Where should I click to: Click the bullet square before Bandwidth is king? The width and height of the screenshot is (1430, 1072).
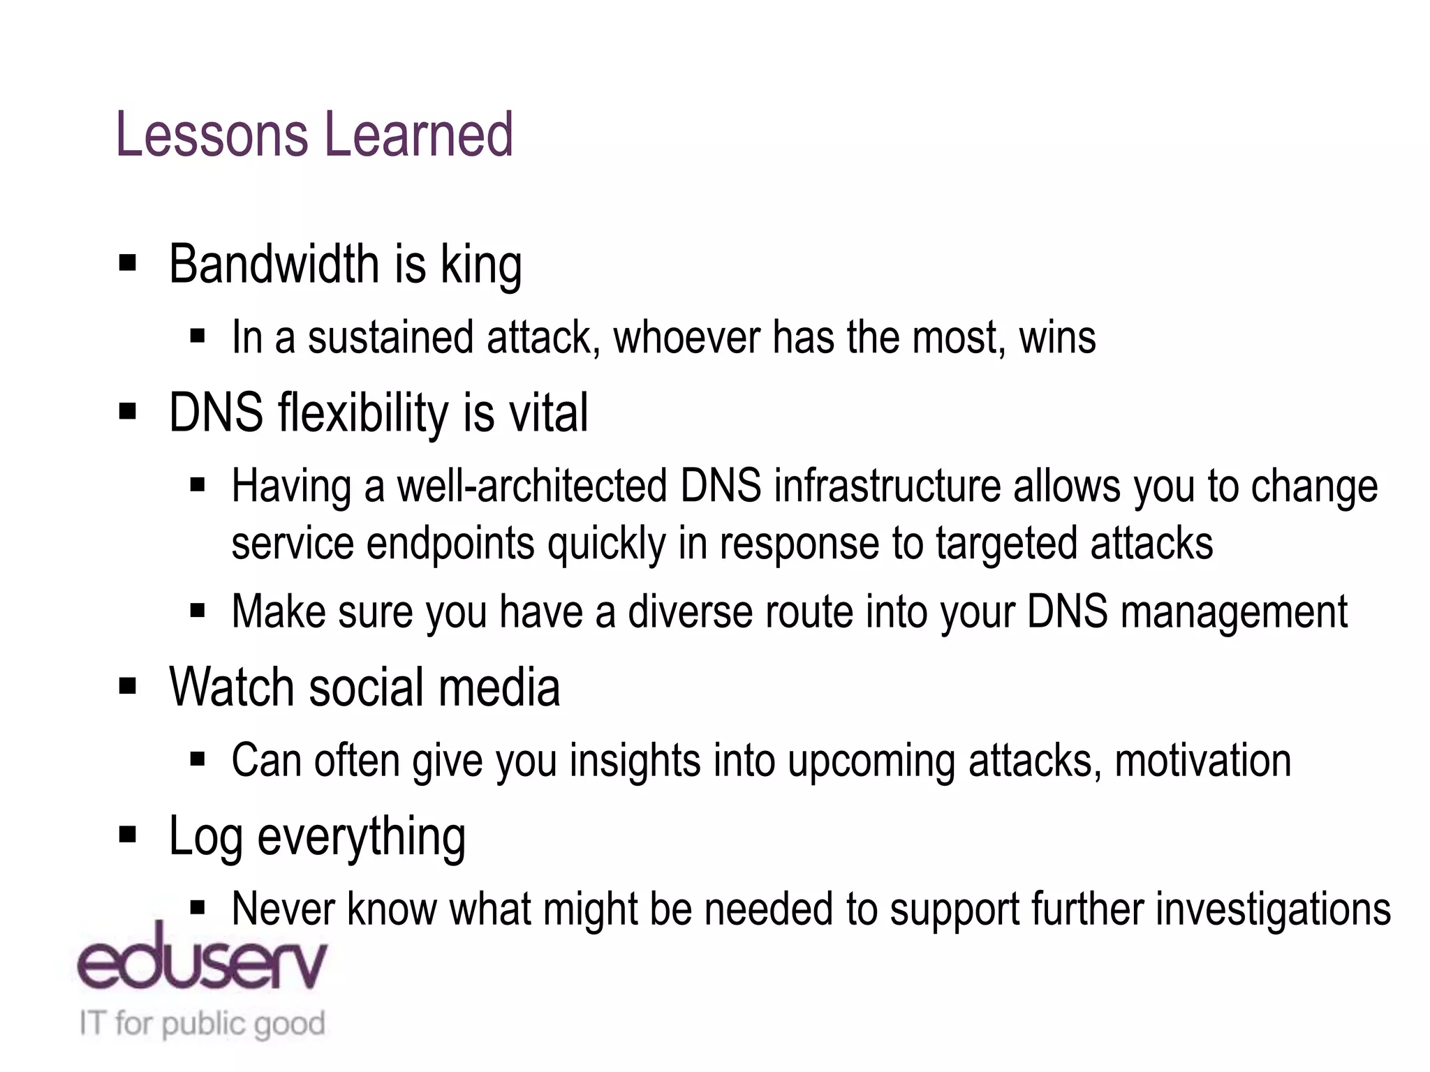(127, 264)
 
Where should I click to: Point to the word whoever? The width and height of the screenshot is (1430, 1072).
(686, 338)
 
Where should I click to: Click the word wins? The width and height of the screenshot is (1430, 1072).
(1057, 338)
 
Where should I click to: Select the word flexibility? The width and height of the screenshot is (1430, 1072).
(363, 413)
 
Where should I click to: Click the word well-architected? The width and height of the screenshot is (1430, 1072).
(532, 486)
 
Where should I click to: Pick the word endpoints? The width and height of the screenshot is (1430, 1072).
(450, 544)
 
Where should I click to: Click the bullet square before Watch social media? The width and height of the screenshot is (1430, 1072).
(127, 687)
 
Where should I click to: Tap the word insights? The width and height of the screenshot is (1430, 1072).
(634, 761)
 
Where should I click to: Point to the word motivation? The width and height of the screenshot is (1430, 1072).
(1202, 761)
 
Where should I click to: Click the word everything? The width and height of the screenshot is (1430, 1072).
(361, 837)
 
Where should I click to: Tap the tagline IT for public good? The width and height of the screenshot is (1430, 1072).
(202, 1024)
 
